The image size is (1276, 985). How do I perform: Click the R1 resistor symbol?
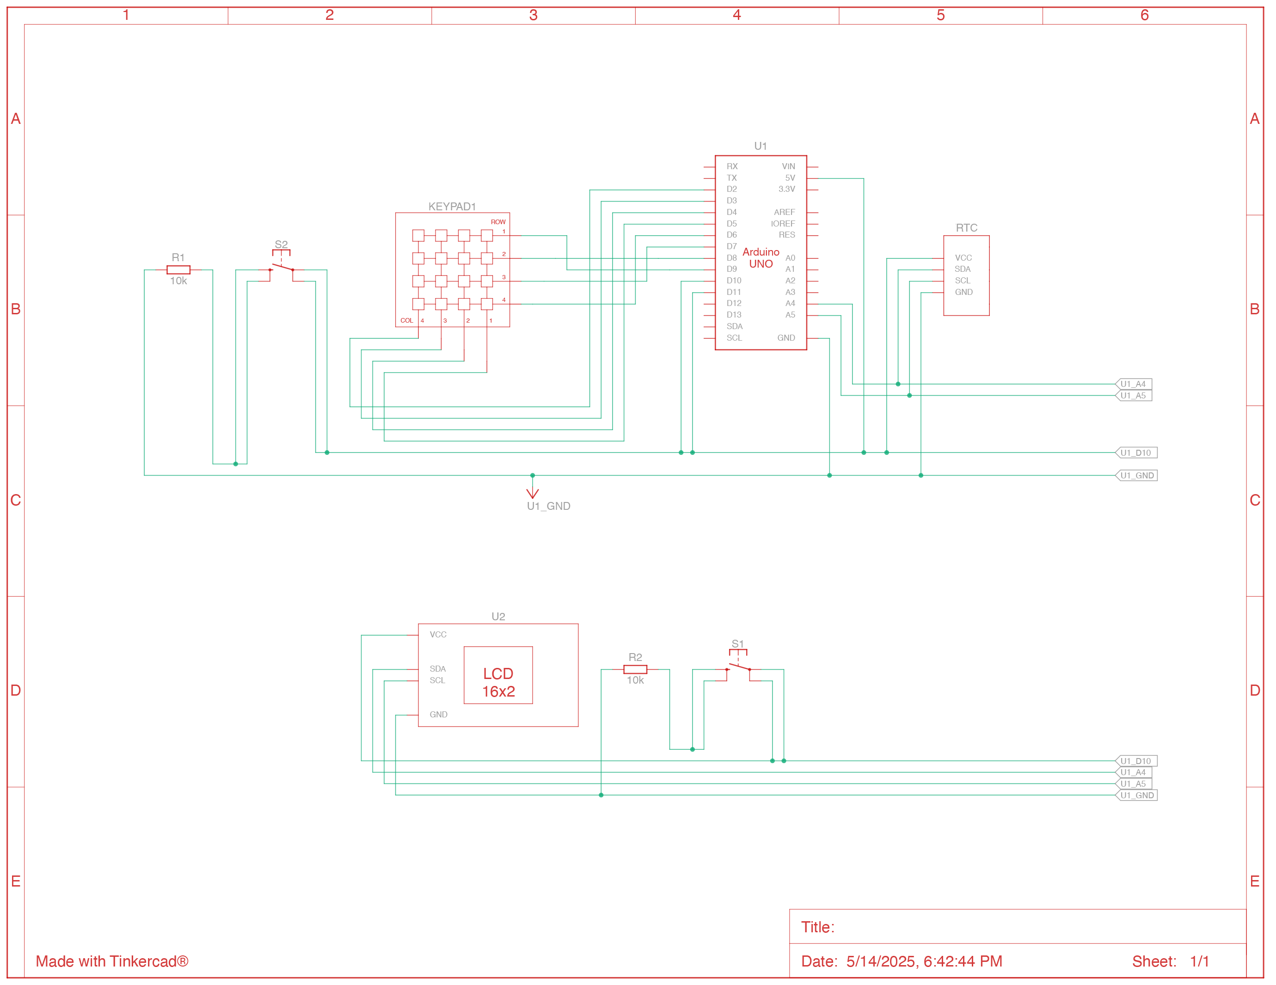pos(178,270)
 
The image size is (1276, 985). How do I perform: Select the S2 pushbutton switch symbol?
pos(282,268)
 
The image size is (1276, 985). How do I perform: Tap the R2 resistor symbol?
pos(635,669)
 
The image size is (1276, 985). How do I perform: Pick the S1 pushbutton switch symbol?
pos(738,667)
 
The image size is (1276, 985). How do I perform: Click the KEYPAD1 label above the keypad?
pos(452,206)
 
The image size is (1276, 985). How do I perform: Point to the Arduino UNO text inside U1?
pos(761,257)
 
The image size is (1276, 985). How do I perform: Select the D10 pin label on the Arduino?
pos(734,281)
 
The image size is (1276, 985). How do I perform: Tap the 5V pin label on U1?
pos(790,177)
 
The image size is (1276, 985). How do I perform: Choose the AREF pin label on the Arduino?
pos(784,212)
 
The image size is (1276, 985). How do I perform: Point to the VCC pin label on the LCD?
pos(438,635)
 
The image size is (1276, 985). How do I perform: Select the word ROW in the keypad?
pos(498,222)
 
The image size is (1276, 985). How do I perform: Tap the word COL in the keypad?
pos(407,321)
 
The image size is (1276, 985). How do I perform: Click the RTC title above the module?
pos(966,228)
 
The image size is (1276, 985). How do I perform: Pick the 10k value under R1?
pos(178,281)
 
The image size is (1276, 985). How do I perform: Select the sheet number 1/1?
pos(1199,961)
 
